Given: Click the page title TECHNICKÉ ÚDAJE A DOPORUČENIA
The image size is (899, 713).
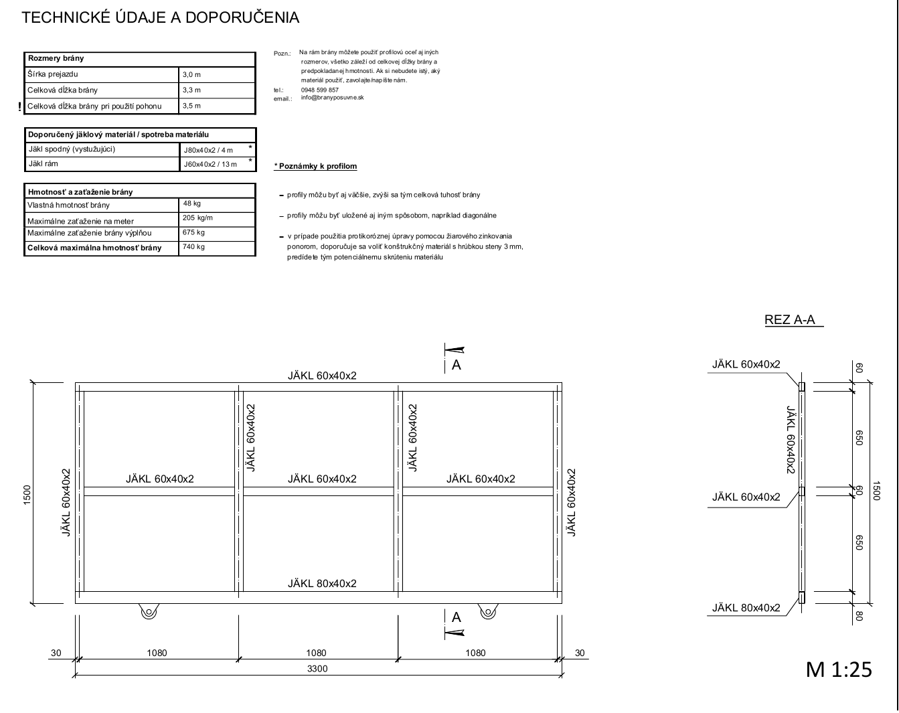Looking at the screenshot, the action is tap(161, 17).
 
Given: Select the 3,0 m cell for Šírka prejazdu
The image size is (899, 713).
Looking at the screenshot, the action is tap(191, 75).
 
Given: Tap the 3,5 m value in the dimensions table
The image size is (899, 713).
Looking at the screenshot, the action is tap(191, 106).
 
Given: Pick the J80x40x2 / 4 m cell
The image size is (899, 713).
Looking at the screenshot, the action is tap(208, 150).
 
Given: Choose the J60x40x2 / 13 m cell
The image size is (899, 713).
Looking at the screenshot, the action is tap(210, 164).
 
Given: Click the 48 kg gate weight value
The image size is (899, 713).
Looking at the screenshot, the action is tap(191, 204).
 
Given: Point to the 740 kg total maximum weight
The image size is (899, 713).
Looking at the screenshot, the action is tap(193, 246).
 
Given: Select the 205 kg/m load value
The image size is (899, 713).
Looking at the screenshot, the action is tap(197, 218).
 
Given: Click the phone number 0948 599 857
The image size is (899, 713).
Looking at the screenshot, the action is tap(319, 90).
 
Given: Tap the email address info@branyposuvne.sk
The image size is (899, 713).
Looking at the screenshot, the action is tap(332, 98).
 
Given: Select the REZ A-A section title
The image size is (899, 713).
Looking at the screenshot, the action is tap(789, 320).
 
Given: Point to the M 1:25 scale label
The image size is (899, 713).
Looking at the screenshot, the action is tap(839, 669).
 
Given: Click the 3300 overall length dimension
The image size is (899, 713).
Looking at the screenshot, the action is tap(317, 669).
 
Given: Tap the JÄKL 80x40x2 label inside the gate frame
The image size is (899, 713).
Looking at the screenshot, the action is tap(322, 583).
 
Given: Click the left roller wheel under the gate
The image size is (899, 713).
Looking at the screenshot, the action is tap(149, 612).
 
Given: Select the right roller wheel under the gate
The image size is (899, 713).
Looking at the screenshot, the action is tap(488, 612).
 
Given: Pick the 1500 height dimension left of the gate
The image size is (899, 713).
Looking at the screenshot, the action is tap(27, 495).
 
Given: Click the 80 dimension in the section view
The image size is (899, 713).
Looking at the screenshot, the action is tap(859, 616).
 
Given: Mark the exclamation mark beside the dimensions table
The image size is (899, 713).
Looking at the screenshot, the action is tap(19, 106).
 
